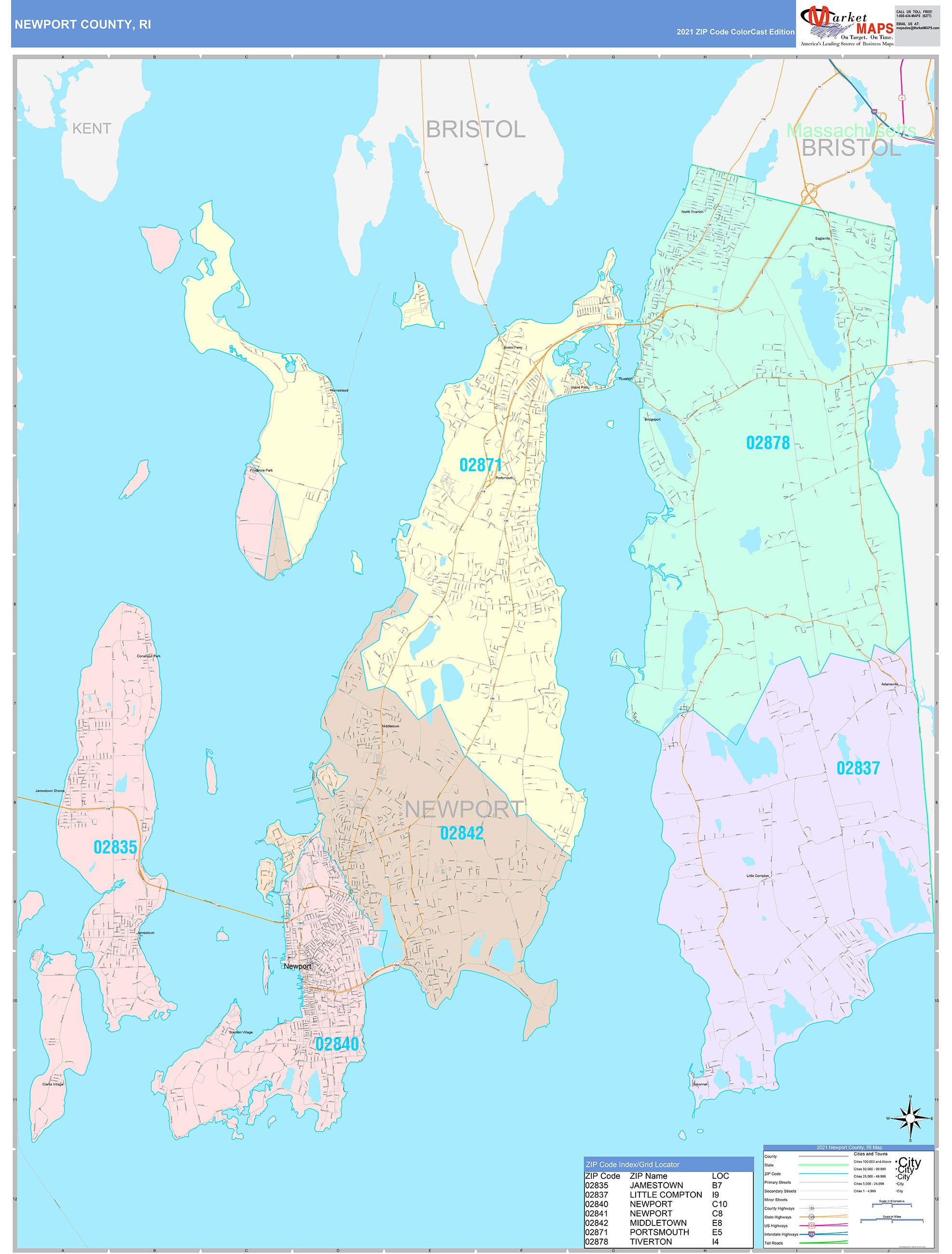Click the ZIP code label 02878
click(x=767, y=443)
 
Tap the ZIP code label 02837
click(x=858, y=768)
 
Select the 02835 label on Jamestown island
click(x=115, y=847)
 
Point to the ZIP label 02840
click(x=337, y=1044)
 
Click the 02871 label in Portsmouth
click(x=480, y=465)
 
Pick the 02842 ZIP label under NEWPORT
click(x=462, y=833)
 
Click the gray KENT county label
click(x=91, y=129)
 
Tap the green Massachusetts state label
click(x=851, y=130)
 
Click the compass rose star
click(x=910, y=1118)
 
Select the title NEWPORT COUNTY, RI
click(x=83, y=25)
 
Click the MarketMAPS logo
click(x=846, y=25)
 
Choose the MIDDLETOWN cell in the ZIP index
click(x=658, y=1223)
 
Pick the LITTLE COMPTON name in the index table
click(x=666, y=1195)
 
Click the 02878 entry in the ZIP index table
click(x=596, y=1241)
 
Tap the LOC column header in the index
click(x=720, y=1176)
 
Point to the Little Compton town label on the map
click(x=758, y=876)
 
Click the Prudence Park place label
click(x=261, y=470)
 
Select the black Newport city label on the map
click(x=297, y=966)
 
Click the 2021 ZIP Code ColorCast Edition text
click(x=735, y=32)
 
